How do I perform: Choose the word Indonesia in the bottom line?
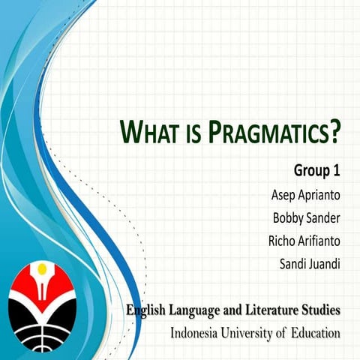pos(197,331)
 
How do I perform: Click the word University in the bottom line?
pos(251,331)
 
